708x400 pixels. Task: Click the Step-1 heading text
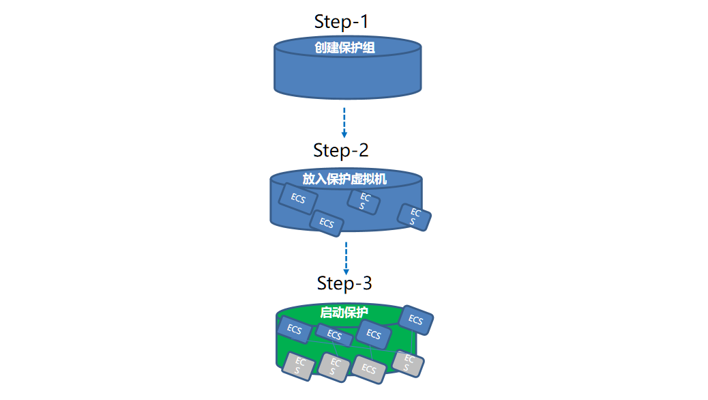(x=341, y=22)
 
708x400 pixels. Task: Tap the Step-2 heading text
(x=341, y=150)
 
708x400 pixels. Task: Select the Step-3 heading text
(x=344, y=283)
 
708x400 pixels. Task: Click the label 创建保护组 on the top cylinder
(x=345, y=48)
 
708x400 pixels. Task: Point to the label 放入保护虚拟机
(x=344, y=179)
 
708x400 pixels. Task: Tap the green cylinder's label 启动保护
(x=344, y=313)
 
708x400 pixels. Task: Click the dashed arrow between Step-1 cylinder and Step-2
(x=344, y=122)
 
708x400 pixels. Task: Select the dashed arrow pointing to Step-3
(x=346, y=258)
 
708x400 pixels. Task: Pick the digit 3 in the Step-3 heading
(x=367, y=283)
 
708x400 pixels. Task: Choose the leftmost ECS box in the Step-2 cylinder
(x=298, y=199)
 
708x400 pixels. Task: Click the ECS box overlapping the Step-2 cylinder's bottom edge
(x=327, y=223)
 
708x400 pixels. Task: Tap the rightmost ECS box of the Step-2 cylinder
(x=414, y=217)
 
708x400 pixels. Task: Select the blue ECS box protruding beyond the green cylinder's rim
(x=416, y=320)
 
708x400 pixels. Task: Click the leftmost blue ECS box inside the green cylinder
(x=295, y=330)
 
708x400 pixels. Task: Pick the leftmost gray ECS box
(x=299, y=366)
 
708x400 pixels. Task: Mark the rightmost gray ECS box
(x=408, y=363)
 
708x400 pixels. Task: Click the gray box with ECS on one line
(x=369, y=369)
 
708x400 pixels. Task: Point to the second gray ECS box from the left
(x=334, y=367)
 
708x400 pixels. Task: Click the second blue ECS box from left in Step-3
(x=334, y=335)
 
